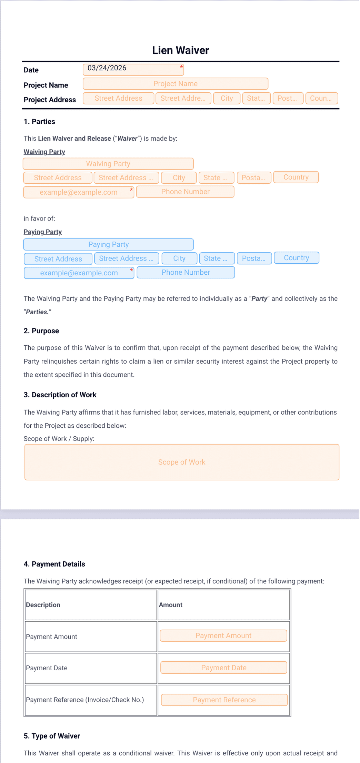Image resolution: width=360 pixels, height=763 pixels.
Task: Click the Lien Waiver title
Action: (x=180, y=50)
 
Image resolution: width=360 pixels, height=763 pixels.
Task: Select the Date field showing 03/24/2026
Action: (x=133, y=69)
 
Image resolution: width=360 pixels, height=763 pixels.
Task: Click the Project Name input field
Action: (x=175, y=84)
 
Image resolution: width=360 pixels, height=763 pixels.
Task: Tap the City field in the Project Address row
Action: (x=227, y=98)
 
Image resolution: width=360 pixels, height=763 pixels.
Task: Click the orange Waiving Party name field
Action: (x=108, y=164)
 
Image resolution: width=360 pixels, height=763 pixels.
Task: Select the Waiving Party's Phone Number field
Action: (x=185, y=192)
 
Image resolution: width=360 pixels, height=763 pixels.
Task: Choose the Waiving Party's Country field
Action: (x=296, y=177)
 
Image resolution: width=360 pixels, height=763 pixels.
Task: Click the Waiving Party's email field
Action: (x=78, y=192)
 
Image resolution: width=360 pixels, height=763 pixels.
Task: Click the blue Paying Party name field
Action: (x=108, y=244)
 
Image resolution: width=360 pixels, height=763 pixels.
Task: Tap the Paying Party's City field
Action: (x=179, y=258)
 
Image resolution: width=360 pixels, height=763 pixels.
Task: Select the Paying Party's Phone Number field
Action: (x=186, y=272)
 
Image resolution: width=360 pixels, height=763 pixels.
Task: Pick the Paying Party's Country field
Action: (x=296, y=258)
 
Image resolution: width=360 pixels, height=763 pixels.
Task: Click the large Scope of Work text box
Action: (x=182, y=462)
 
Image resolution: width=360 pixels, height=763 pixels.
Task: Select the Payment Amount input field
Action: (x=223, y=635)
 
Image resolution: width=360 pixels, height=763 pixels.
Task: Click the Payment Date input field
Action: (x=223, y=668)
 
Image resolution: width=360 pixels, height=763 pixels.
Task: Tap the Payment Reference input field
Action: (x=224, y=700)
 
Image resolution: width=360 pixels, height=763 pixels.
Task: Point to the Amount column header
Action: (x=171, y=605)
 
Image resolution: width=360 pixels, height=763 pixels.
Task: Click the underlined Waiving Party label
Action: (x=44, y=152)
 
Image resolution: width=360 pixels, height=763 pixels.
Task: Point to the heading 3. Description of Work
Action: (x=60, y=395)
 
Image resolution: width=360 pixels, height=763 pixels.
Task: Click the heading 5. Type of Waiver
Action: (x=52, y=736)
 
